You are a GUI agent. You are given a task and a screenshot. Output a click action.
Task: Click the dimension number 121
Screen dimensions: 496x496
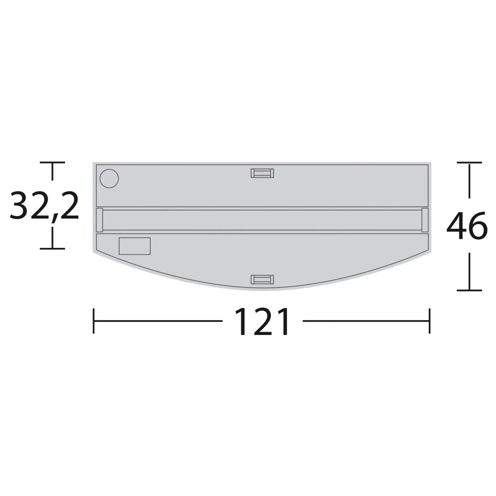262,322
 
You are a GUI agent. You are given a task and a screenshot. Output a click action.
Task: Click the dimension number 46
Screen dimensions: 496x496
467,227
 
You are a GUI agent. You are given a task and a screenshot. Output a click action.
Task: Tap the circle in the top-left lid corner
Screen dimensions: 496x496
109,179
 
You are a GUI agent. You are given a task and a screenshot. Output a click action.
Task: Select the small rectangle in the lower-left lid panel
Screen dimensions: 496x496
135,246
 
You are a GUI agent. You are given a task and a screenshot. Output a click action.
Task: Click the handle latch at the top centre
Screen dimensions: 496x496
262,173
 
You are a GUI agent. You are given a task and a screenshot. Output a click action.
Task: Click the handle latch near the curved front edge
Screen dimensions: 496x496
262,279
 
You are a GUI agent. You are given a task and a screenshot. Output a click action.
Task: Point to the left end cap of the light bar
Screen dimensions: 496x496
99,220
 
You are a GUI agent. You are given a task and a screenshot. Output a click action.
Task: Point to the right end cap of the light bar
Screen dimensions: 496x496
425,220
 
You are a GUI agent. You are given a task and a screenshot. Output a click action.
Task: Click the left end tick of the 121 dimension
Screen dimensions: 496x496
94,321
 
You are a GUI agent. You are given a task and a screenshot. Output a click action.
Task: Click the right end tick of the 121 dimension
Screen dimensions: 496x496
430,321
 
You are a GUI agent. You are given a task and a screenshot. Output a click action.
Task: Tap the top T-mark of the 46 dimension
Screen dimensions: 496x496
469,163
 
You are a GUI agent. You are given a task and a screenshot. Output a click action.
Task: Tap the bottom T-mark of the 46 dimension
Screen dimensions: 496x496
469,290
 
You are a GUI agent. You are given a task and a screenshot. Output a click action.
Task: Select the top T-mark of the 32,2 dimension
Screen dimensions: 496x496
52,163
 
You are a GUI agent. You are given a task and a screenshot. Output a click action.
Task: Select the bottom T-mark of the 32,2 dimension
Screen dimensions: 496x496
52,248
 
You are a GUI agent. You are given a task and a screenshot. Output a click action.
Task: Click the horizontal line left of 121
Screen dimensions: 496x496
159,321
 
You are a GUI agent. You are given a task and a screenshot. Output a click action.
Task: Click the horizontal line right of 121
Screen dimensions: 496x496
365,321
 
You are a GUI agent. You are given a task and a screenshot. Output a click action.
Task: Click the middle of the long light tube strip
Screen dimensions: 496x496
262,220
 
